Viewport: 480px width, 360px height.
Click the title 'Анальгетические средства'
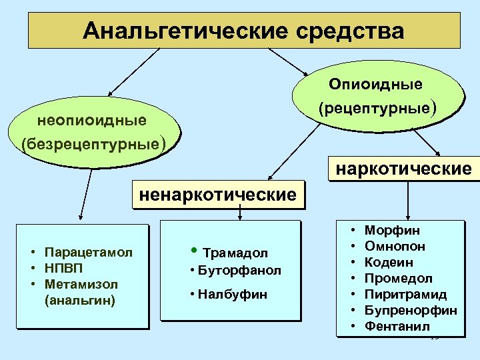244,31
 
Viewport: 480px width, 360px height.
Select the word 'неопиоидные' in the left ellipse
92,121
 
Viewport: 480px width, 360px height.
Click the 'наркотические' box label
403,168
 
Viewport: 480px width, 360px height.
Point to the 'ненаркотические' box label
217,195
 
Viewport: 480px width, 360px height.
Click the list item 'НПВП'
63,269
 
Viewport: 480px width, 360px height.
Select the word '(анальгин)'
79,300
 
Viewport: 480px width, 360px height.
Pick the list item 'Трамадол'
235,253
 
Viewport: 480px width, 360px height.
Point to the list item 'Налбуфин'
233,294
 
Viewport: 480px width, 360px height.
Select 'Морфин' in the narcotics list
392,231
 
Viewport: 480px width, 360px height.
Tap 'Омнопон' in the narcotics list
395,247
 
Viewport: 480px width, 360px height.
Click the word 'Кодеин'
389,263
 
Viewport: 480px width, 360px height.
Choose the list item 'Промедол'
399,279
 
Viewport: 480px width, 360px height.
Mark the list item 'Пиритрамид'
405,295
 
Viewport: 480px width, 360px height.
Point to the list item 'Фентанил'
397,327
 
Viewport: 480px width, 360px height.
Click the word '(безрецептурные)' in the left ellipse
93,143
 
